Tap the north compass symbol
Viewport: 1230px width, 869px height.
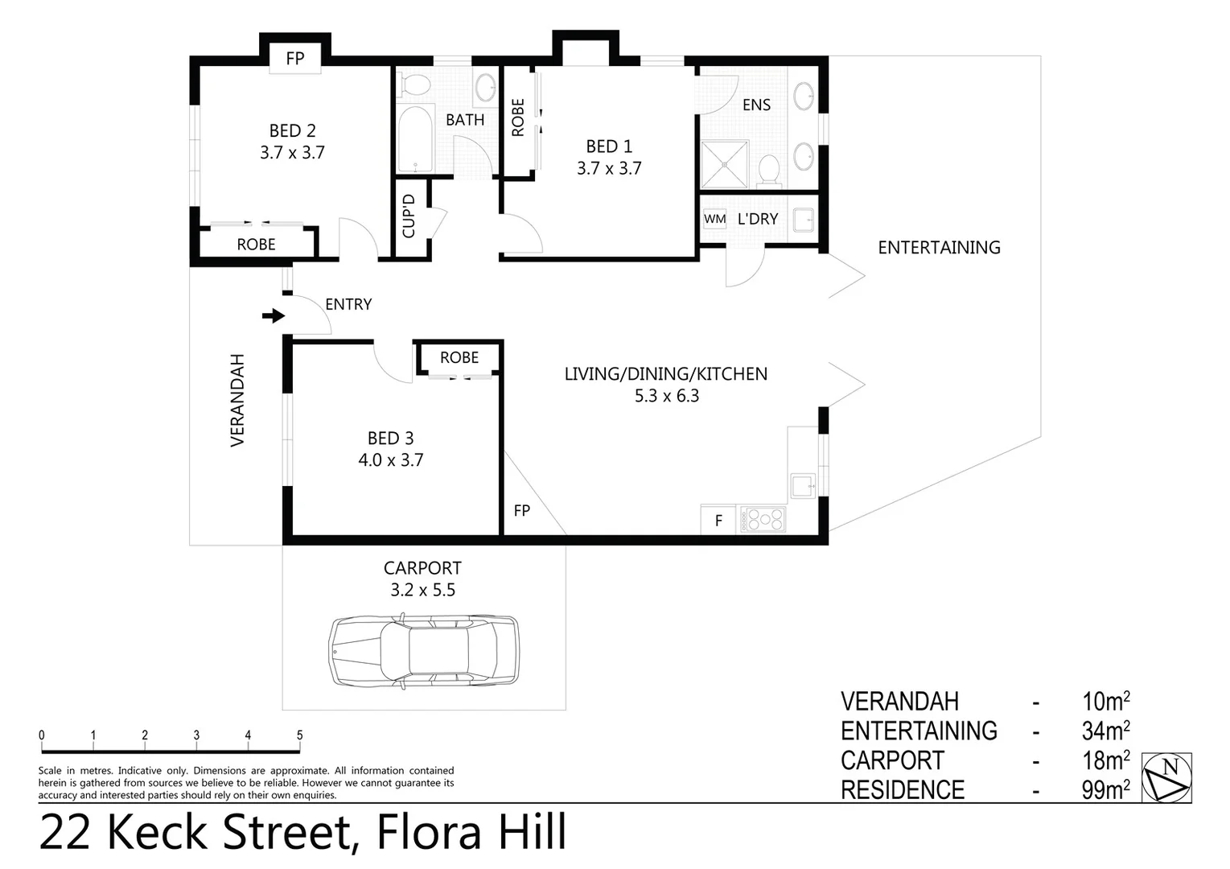(1166, 777)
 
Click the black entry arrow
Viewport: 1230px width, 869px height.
(274, 316)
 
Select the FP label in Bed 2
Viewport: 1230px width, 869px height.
(295, 58)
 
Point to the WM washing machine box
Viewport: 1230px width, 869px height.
(714, 219)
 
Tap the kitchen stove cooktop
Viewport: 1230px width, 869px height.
(763, 520)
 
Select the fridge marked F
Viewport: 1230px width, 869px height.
(718, 521)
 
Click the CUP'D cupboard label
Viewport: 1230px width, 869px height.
(409, 216)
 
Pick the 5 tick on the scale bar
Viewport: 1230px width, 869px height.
(299, 735)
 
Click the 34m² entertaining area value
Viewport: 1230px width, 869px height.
(1106, 731)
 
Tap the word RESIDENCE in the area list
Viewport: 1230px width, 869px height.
(903, 790)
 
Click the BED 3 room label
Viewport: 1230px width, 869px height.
(390, 439)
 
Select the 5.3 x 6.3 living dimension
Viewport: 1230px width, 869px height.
(666, 396)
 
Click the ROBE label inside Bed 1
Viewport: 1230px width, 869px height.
(517, 117)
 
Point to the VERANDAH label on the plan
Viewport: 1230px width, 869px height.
(237, 400)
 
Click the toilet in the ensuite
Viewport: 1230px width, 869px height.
(769, 170)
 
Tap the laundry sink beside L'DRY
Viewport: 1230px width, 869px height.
(803, 219)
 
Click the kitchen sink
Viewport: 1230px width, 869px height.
(803, 486)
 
